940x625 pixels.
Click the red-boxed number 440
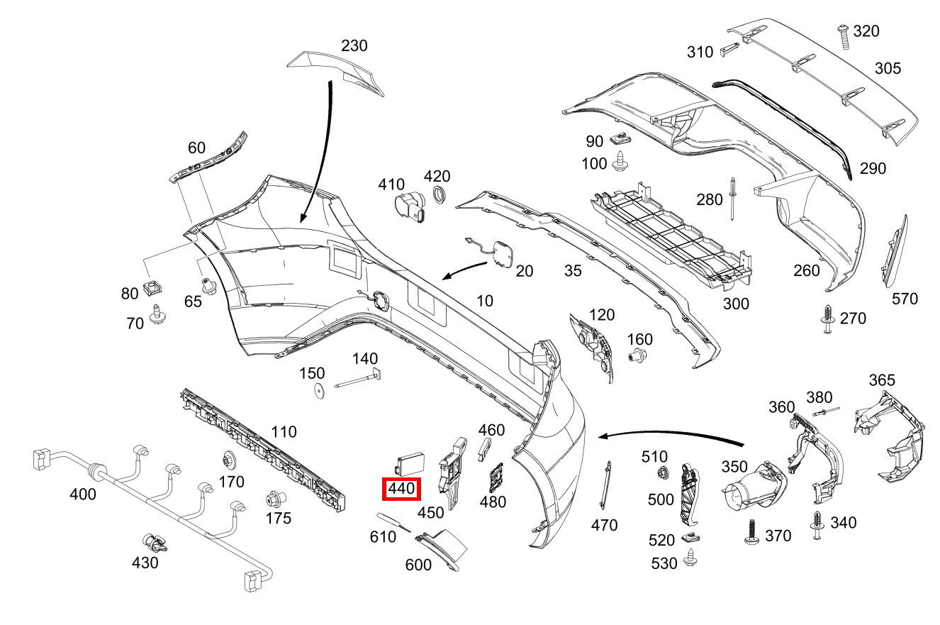point(401,488)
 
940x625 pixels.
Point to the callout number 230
point(354,45)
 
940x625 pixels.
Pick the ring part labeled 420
point(439,197)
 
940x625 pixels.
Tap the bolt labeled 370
point(753,531)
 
